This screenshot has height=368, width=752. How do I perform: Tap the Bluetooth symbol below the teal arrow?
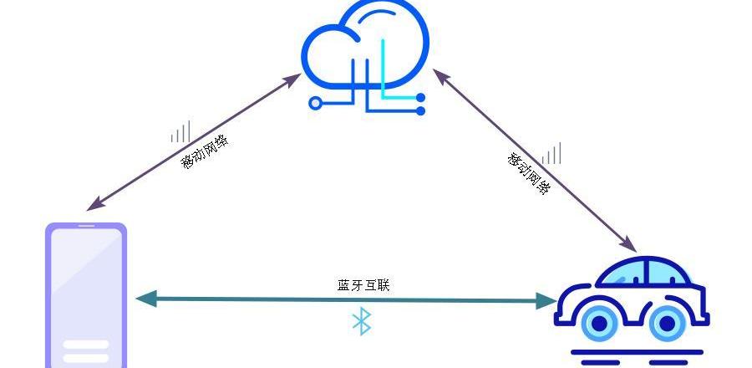click(361, 321)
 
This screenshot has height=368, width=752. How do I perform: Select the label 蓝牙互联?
click(363, 285)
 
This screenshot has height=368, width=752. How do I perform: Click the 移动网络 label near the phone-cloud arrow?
click(204, 151)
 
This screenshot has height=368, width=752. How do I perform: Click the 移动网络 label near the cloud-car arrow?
click(529, 173)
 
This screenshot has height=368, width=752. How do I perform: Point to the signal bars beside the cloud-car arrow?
click(551, 154)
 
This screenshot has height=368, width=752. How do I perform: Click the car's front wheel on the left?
click(599, 323)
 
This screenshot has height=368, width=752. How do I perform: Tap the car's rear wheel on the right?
click(667, 323)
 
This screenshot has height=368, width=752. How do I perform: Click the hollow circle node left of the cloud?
click(315, 104)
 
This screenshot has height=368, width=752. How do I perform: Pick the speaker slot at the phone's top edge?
click(86, 226)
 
